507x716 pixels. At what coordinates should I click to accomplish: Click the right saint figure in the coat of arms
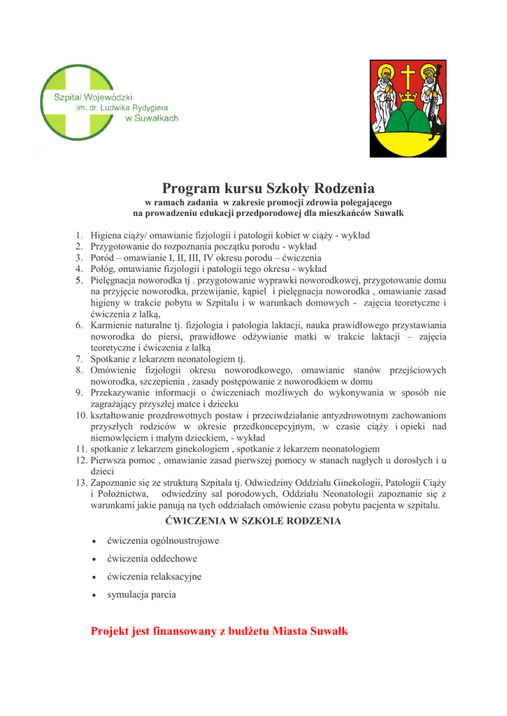[431, 98]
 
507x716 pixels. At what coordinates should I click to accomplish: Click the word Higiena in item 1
[107, 235]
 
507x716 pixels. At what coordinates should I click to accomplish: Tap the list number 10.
[81, 415]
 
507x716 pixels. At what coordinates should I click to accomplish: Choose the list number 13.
[81, 482]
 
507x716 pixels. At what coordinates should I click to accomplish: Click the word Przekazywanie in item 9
[122, 392]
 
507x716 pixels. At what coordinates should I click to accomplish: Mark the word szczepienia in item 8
[158, 381]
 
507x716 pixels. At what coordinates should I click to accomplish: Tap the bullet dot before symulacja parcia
[94, 595]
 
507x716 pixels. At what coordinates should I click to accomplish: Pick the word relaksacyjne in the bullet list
[175, 577]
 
